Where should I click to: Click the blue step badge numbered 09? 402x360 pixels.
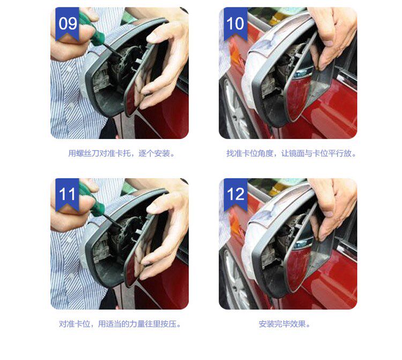coord(67,23)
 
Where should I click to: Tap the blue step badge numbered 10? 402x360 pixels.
coord(236,23)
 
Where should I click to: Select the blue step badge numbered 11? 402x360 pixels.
coord(67,194)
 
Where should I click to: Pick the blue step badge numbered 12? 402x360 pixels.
coord(236,194)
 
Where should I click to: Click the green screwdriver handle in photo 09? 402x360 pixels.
coord(92,29)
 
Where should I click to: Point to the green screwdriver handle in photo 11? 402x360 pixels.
coord(92,200)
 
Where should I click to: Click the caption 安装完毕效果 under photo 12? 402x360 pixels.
coord(284,324)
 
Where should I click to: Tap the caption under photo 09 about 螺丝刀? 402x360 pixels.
coord(121,153)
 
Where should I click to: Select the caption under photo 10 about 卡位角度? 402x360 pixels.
coord(291,153)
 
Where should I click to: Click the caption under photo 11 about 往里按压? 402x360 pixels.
coord(120,324)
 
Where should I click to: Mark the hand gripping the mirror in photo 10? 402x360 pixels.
coord(333,33)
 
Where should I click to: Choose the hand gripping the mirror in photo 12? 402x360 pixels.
coord(333,204)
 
